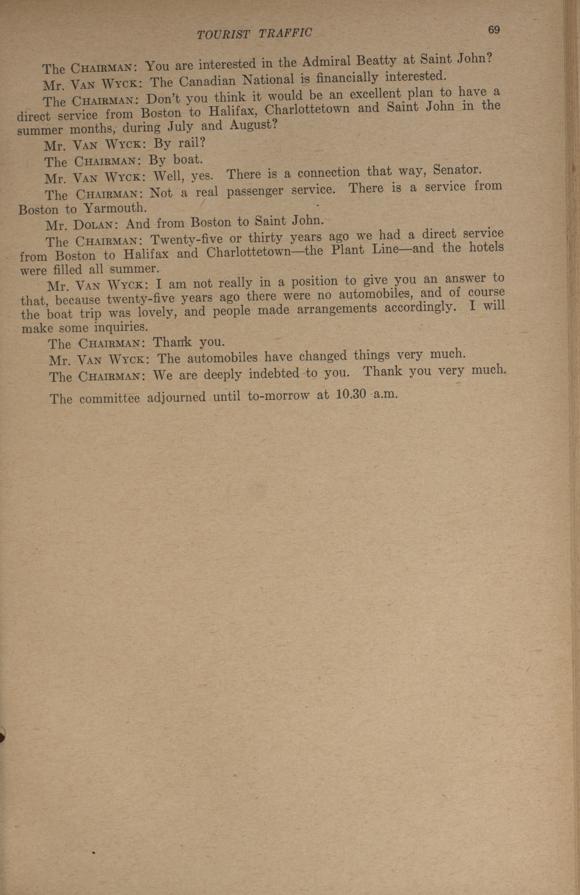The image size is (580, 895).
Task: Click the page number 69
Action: pyautogui.click(x=494, y=30)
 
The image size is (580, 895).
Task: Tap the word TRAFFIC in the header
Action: pyautogui.click(x=285, y=33)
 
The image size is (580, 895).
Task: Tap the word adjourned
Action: pyautogui.click(x=176, y=398)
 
